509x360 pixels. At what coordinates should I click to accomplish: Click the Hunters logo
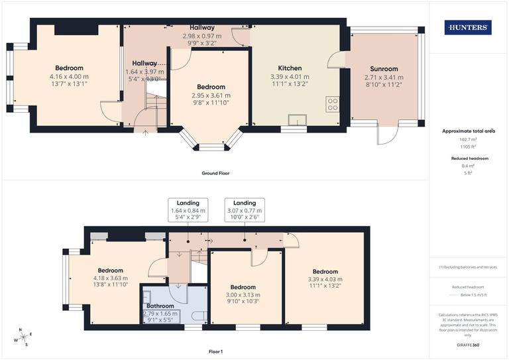pos(468,27)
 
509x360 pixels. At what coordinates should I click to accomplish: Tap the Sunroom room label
pos(384,68)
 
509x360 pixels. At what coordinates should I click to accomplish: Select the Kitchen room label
pos(290,68)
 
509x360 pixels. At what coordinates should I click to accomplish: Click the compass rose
pos(22,337)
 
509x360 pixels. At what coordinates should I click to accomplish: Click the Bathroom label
pos(161,306)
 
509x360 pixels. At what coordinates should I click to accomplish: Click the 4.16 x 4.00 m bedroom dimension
pos(69,76)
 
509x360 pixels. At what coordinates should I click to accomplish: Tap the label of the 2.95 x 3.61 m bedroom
pos(211,87)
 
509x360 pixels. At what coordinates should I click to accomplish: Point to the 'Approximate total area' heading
pos(468,131)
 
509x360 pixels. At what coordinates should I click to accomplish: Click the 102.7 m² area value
pos(468,140)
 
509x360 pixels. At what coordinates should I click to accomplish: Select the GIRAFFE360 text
pos(468,346)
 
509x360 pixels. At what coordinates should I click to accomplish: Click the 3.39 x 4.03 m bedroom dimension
pos(325,279)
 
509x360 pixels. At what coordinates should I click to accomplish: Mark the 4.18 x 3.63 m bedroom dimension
pos(110,278)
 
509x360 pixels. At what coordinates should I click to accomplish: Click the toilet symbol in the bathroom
pos(204,316)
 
